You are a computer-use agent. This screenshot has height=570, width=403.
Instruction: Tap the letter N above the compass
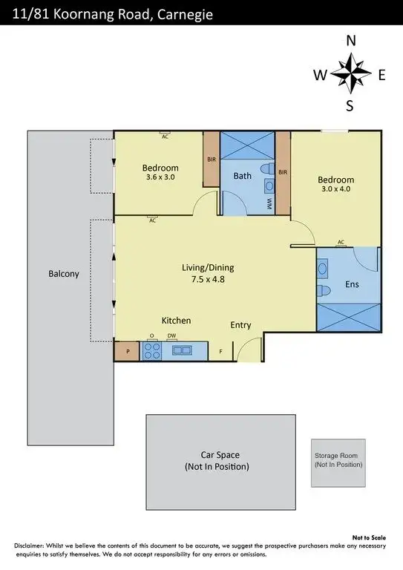[x=350, y=42]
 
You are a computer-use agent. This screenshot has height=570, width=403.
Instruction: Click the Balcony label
[x=64, y=274]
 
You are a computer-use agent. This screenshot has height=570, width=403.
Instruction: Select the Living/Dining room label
[x=208, y=267]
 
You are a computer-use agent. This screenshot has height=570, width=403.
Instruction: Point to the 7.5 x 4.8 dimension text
[x=208, y=280]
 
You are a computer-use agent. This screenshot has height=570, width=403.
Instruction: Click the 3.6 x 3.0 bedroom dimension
[x=160, y=177]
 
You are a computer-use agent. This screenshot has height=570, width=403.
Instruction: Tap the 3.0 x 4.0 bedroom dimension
[x=336, y=190]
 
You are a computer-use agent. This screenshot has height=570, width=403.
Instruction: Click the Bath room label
[x=242, y=176]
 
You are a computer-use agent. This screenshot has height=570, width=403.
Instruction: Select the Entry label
[x=240, y=325]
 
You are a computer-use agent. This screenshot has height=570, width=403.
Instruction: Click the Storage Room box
[x=338, y=462]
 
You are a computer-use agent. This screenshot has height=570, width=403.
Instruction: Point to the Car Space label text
[x=220, y=455]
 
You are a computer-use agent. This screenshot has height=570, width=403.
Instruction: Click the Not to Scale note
[x=368, y=537]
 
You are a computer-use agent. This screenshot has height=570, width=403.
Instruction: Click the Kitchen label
[x=177, y=321]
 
